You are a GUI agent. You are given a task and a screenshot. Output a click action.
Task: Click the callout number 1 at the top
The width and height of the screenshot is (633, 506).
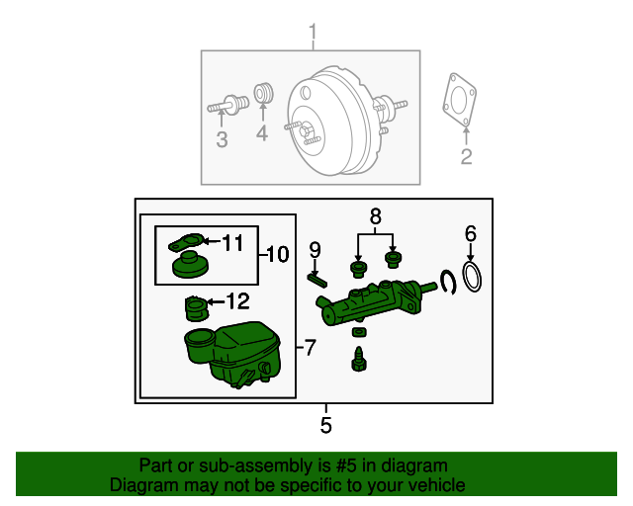(x=313, y=38)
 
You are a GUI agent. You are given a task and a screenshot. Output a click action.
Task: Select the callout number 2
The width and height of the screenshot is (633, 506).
(x=466, y=156)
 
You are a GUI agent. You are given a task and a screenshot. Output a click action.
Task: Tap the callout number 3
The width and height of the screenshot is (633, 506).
(x=222, y=140)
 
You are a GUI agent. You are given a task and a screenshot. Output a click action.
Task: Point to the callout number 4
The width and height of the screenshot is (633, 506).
(x=262, y=134)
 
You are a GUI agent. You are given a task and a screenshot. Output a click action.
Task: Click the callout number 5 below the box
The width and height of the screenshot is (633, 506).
(x=326, y=426)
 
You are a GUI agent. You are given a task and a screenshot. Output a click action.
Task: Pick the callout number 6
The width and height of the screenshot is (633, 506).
(x=471, y=233)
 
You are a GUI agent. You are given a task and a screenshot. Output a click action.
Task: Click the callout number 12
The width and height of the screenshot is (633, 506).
(x=237, y=300)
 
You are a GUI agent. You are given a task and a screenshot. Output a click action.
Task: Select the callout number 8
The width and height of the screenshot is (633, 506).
(x=375, y=215)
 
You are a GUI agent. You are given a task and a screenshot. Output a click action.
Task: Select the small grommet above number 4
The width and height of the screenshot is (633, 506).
(x=263, y=94)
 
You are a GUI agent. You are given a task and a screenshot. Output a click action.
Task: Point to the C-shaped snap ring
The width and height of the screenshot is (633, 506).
(x=448, y=282)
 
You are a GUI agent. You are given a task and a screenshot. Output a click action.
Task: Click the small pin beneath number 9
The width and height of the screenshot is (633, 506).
(x=316, y=277)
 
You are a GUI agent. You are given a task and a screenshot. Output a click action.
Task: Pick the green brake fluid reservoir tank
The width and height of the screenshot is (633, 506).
(x=232, y=352)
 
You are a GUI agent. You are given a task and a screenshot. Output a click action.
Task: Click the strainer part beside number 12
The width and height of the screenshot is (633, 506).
(x=195, y=308)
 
